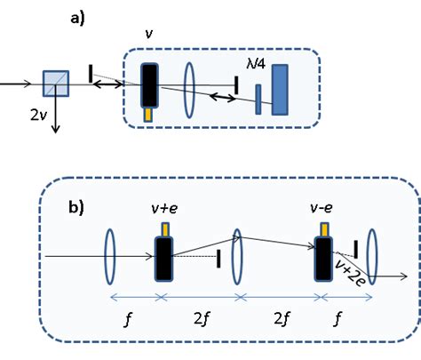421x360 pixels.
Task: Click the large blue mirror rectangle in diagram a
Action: tap(280, 90)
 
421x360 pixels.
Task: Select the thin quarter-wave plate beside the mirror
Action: tap(258, 99)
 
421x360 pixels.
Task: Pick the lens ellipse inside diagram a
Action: tap(189, 87)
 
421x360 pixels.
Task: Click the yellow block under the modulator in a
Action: tap(148, 115)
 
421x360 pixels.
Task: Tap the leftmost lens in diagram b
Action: tap(108, 256)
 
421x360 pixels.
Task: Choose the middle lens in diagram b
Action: tap(237, 256)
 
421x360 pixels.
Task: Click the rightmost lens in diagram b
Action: tap(371, 256)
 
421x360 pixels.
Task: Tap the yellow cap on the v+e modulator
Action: tap(165, 230)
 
